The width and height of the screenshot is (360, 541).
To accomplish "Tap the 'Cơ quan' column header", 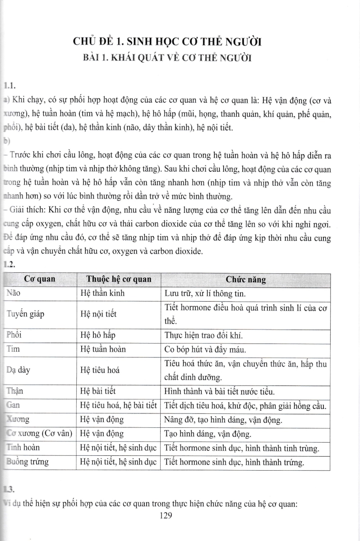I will [x=40, y=279].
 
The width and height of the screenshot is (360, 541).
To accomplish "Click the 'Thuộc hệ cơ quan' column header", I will [x=119, y=279].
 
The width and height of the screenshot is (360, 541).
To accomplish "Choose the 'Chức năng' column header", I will [x=245, y=280].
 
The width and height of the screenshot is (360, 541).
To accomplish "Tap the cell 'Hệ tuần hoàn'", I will [x=102, y=349].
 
